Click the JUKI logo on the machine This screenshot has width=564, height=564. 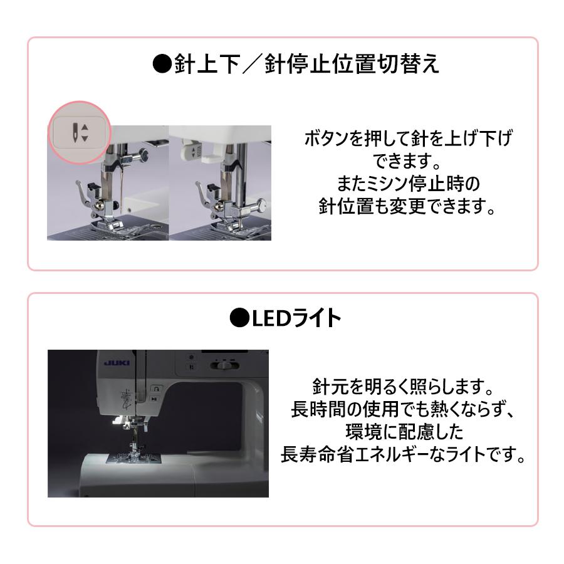tap(117, 363)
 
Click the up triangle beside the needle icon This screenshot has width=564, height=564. tap(85, 127)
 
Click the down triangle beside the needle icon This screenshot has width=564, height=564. tap(85, 138)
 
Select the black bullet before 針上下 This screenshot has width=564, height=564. tap(162, 64)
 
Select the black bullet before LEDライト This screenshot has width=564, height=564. tap(239, 318)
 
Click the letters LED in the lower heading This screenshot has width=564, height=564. tap(271, 318)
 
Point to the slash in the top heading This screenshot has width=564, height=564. tap(252, 64)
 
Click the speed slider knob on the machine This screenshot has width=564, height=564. tap(225, 365)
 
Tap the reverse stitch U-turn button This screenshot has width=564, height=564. tap(156, 389)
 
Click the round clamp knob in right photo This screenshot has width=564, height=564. tap(261, 206)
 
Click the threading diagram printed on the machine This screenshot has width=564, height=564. tap(126, 399)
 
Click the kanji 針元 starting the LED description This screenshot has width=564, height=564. tap(330, 387)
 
